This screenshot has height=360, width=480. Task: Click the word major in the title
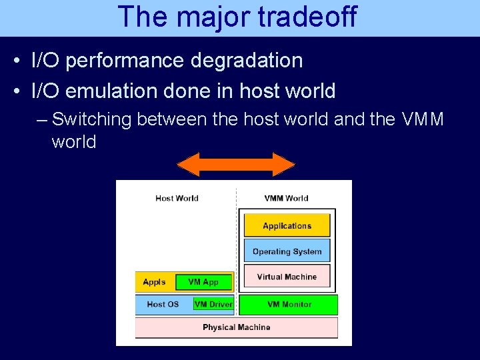click(211, 17)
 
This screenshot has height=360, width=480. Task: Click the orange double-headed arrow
click(236, 164)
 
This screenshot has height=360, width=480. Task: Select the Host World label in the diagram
click(177, 198)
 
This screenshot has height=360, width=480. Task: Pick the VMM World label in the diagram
click(286, 198)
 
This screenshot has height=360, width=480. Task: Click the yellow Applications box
click(287, 226)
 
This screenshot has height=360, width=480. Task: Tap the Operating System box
click(287, 251)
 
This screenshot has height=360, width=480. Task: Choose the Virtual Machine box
click(287, 277)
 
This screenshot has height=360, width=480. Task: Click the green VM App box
click(204, 282)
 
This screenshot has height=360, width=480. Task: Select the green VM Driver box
click(213, 304)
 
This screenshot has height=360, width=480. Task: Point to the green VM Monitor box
click(289, 305)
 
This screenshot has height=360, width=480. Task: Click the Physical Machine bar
click(236, 327)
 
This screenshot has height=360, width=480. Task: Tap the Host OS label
click(163, 304)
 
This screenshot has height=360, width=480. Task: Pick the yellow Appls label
click(154, 282)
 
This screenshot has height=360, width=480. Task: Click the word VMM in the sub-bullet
click(423, 119)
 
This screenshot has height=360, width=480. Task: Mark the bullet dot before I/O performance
click(16, 61)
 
